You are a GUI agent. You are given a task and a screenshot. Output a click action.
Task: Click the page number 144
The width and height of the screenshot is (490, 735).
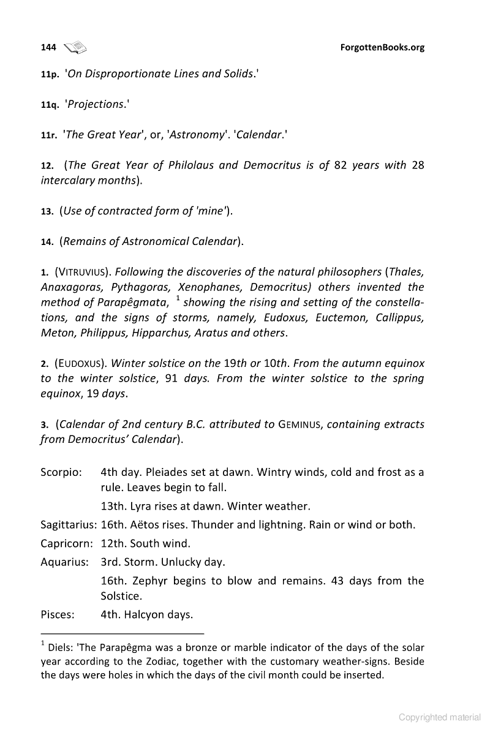pos(48,47)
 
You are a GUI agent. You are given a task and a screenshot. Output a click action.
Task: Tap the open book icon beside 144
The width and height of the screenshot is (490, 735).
pos(76,47)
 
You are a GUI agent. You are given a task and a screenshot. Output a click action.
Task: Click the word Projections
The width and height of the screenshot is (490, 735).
pos(96,104)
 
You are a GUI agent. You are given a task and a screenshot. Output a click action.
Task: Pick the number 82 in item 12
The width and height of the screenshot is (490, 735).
pos(341,165)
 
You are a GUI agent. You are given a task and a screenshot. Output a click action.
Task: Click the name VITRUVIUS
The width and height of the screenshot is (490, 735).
pos(83,271)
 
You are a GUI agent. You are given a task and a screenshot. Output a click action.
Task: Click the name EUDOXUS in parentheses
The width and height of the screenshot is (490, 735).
pos(82,363)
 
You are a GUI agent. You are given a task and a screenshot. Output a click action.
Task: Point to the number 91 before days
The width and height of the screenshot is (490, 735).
pos(171,379)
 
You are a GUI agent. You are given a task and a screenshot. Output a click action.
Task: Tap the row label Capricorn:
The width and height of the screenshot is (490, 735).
pos(66,543)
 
